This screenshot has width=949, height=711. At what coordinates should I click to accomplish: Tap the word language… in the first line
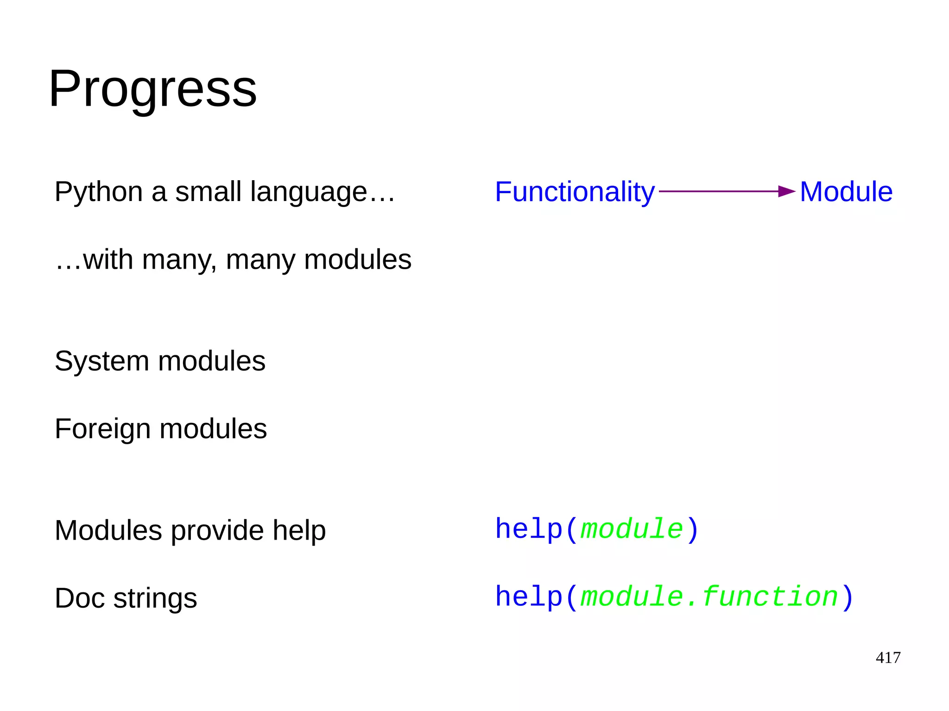coord(323,192)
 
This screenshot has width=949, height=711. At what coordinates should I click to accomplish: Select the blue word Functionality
coord(575,192)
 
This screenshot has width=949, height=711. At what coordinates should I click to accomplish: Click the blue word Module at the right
coord(846,192)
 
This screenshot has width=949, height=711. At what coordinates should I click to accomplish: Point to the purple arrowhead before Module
coord(786,191)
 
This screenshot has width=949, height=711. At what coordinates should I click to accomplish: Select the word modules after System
coord(212,361)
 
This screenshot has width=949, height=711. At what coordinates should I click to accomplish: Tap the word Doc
coord(79,598)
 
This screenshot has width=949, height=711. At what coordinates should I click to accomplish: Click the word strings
coord(155,598)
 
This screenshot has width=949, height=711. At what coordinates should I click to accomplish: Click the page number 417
coord(888,657)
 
